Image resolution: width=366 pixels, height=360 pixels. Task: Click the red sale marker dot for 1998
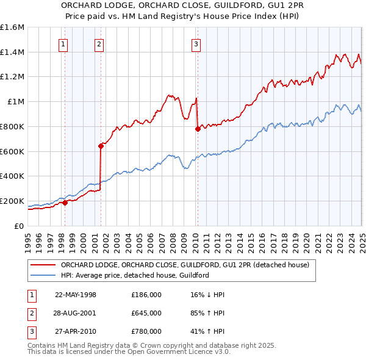[65, 203]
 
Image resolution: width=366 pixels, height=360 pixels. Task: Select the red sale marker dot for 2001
[101, 146]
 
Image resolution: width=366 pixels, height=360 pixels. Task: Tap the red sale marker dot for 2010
[198, 129]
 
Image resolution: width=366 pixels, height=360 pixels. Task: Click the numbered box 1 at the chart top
[63, 43]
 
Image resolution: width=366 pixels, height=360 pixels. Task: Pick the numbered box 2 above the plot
[99, 43]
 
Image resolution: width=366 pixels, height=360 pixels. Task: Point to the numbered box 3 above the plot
[196, 43]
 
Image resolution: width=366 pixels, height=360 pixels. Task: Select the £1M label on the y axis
[16, 102]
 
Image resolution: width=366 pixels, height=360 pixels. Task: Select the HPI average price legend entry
[135, 275]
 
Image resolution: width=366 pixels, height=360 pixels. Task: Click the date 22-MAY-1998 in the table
[76, 294]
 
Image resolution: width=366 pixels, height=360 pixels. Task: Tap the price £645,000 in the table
[146, 313]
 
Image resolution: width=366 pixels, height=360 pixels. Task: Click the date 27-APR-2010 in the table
[76, 332]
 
